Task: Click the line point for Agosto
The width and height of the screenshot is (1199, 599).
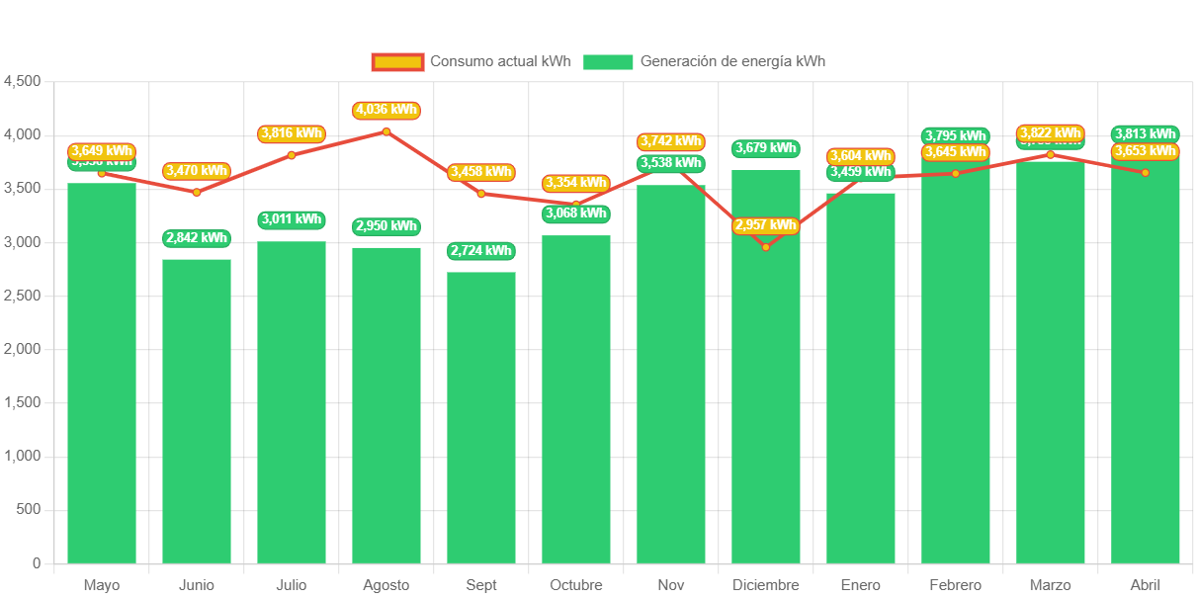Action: click(x=386, y=131)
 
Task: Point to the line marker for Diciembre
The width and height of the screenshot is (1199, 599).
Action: click(x=766, y=247)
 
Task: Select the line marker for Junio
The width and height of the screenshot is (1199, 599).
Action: click(x=197, y=192)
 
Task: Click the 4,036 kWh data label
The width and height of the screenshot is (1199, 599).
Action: click(x=386, y=110)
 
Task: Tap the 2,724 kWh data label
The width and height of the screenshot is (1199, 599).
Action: click(x=481, y=251)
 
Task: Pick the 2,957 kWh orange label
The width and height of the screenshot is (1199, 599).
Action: click(x=766, y=225)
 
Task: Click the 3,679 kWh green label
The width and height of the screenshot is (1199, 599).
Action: click(x=766, y=148)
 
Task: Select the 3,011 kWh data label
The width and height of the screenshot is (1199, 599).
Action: click(x=292, y=219)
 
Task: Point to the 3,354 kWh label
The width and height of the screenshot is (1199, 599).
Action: click(x=576, y=183)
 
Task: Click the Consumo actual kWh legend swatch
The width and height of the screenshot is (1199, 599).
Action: click(x=397, y=62)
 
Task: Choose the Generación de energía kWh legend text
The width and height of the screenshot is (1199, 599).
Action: click(x=732, y=61)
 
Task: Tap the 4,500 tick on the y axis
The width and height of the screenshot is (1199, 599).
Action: click(x=23, y=81)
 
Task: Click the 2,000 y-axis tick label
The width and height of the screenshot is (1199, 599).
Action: click(x=23, y=349)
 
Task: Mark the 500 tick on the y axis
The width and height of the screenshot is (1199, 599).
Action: click(x=29, y=509)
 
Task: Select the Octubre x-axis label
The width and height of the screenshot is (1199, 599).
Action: click(x=576, y=585)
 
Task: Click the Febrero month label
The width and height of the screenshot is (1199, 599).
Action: click(x=956, y=585)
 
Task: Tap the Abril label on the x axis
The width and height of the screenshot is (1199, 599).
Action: click(x=1146, y=585)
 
